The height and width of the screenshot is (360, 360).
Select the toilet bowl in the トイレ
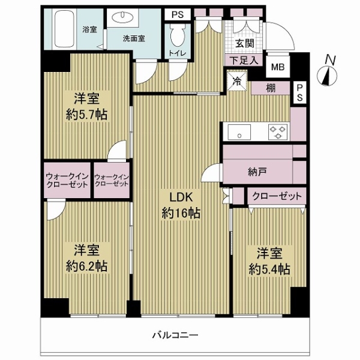tap(178, 35)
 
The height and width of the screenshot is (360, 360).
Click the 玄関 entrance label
tap(245, 43)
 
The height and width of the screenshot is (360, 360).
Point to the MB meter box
tap(278, 67)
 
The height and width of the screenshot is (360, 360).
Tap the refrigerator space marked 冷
tap(237, 81)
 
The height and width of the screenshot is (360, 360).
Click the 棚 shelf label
tap(271, 88)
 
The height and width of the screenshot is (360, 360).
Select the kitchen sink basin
tap(239, 132)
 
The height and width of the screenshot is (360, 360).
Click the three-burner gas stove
tap(278, 132)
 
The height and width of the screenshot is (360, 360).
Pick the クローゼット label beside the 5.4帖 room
tap(277, 196)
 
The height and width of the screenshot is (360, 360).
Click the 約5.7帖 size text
tap(86, 115)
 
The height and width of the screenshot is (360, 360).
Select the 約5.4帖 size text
tap(269, 269)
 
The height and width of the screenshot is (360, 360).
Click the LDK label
tap(181, 197)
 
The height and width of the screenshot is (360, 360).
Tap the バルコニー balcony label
tap(175, 335)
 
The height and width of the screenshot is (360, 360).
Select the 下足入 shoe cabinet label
tap(244, 61)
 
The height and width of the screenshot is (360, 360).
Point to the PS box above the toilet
tap(178, 14)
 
